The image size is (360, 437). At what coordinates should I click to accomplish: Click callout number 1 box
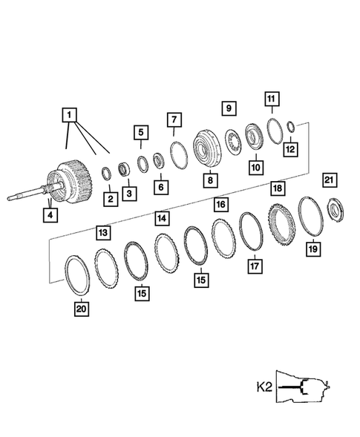(x=69, y=115)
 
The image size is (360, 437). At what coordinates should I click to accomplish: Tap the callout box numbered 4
(x=50, y=215)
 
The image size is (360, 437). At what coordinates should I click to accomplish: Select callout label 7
(x=174, y=119)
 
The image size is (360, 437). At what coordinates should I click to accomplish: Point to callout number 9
(x=229, y=108)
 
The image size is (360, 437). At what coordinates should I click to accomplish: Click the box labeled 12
(x=290, y=148)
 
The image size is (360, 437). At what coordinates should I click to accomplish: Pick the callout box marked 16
(x=220, y=203)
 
